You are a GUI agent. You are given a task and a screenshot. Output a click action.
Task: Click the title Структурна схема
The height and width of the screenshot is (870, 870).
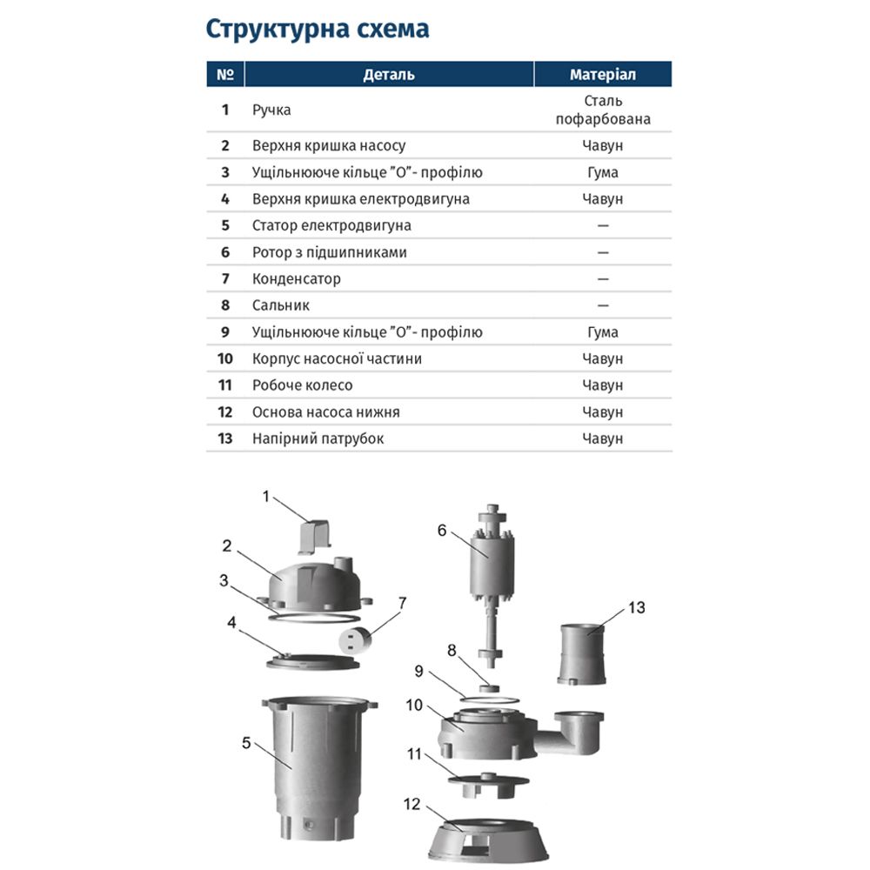(317, 29)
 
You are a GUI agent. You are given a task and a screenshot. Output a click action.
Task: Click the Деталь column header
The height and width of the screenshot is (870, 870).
(388, 74)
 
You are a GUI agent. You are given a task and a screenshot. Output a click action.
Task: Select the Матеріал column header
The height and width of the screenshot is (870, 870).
(602, 74)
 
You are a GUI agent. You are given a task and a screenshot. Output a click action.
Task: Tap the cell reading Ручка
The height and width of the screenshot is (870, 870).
(271, 110)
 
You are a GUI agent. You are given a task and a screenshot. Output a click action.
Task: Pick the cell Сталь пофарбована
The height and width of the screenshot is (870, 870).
(603, 110)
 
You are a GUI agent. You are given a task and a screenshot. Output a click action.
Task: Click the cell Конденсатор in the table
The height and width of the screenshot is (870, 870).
(296, 279)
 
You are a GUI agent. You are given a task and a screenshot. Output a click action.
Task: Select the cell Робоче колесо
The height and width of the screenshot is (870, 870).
(302, 385)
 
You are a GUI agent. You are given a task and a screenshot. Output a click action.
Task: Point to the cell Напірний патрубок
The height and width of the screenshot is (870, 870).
(318, 438)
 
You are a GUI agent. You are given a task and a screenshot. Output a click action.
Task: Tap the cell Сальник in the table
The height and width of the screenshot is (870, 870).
(280, 305)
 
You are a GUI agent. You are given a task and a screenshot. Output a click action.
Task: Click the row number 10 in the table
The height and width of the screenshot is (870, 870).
(225, 358)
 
